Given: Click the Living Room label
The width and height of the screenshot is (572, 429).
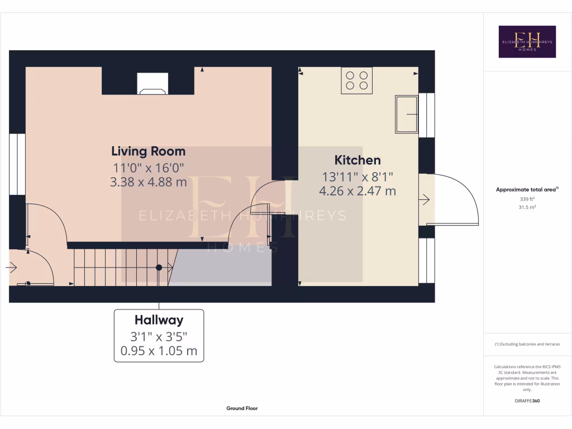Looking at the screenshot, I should click(148, 151).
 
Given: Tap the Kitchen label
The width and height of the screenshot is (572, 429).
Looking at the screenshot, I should click(357, 160).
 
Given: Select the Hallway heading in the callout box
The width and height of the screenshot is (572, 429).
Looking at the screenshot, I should click(159, 320).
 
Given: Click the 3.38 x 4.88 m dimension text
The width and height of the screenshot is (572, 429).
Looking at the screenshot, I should click(148, 182).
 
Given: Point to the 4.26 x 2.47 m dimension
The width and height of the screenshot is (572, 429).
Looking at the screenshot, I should click(357, 191).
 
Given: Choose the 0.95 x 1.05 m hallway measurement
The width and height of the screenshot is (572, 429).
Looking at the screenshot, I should click(159, 351).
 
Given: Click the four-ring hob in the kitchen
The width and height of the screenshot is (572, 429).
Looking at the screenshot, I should click(357, 80).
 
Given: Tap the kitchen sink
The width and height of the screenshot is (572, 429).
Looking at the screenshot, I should click(407, 114).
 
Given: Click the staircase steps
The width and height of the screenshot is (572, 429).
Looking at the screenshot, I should click(120, 267).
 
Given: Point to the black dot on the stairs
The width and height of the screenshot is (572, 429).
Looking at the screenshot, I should click(159, 268).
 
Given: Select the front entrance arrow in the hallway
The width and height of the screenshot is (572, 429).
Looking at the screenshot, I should click(11, 268).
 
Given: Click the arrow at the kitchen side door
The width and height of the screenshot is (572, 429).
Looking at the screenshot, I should click(426, 199).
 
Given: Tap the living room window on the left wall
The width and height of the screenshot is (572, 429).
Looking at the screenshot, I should click(17, 164).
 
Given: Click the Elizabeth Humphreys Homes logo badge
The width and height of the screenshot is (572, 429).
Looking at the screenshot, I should click(527, 41).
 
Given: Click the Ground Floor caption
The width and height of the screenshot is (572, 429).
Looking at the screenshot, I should click(242, 408).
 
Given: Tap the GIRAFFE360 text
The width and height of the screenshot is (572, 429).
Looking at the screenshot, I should click(527, 401).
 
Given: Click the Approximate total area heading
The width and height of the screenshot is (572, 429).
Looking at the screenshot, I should click(527, 190).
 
